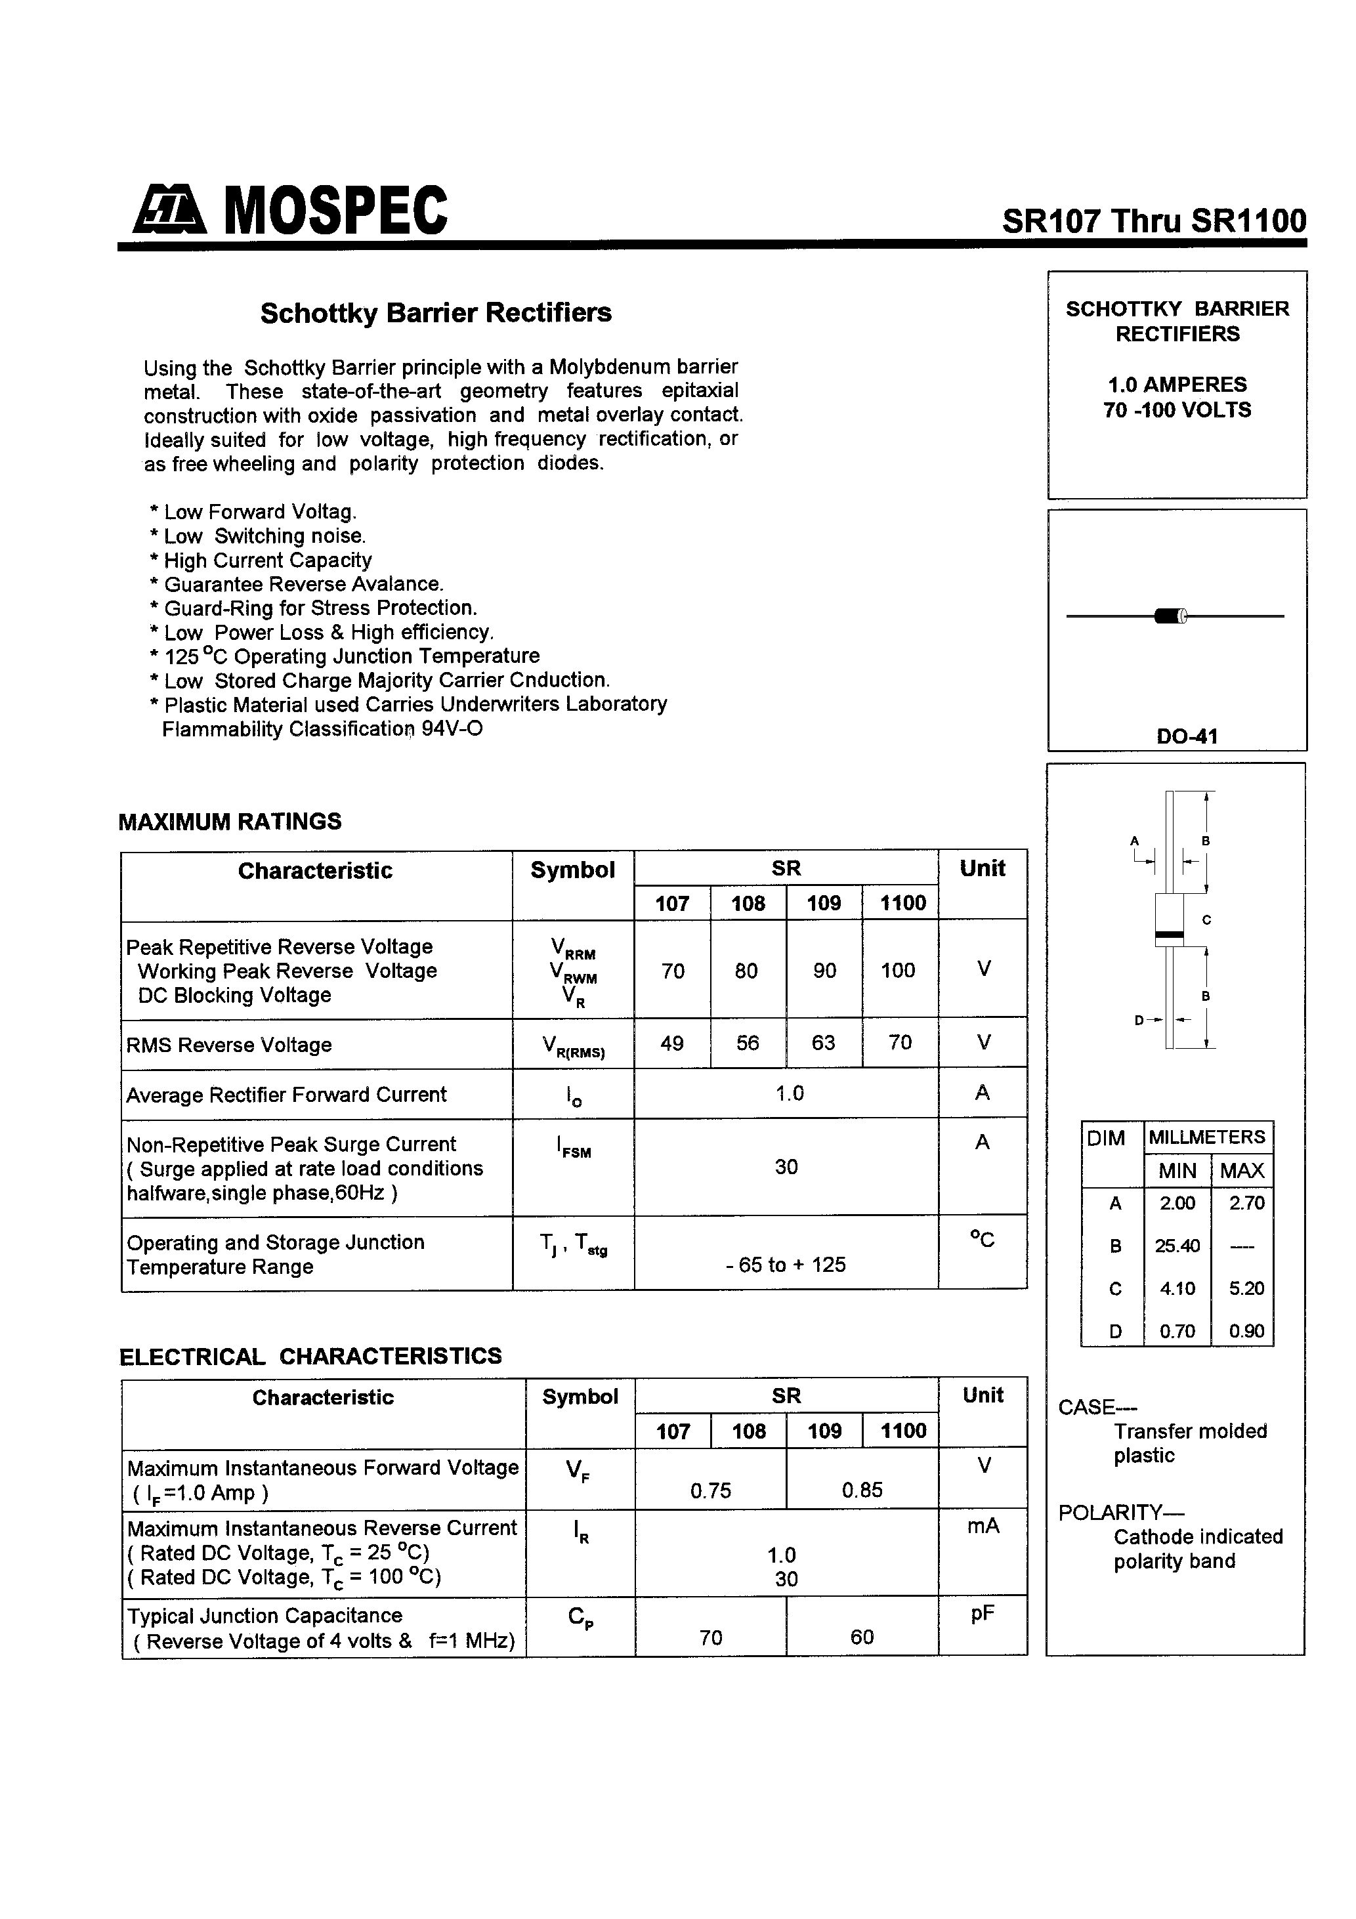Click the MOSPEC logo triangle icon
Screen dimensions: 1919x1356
coord(168,210)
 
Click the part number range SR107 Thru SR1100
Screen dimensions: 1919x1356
coord(1154,221)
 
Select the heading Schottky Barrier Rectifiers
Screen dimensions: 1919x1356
coord(436,312)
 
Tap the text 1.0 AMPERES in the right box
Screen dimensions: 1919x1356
coord(1176,385)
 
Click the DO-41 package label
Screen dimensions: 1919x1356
coord(1186,736)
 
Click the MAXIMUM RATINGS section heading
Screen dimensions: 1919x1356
coord(230,822)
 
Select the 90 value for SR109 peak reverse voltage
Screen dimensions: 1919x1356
coord(824,971)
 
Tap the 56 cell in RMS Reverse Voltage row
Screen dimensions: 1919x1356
coord(748,1043)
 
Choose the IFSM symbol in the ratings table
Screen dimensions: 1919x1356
coord(573,1149)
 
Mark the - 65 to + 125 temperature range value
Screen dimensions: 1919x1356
coord(785,1265)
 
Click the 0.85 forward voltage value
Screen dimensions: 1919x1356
coord(862,1490)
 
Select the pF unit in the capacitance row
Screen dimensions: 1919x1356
coord(983,1614)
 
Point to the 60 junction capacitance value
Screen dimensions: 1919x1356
coord(862,1637)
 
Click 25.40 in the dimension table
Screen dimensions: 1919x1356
coord(1177,1246)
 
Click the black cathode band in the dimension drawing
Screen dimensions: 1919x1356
coord(1169,934)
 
